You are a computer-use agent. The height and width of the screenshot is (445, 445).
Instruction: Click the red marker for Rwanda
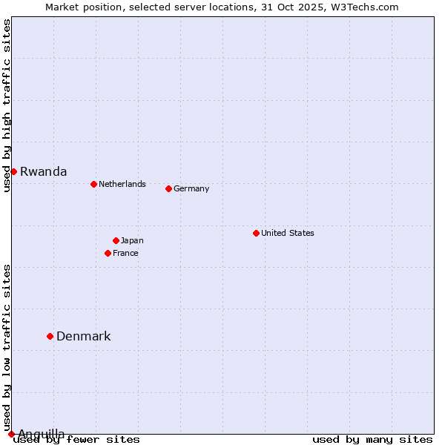click(x=13, y=171)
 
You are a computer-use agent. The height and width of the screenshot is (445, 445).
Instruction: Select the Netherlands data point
click(x=93, y=184)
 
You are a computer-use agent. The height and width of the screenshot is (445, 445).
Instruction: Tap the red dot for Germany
click(x=168, y=188)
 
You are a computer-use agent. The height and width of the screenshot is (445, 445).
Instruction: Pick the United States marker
click(x=256, y=233)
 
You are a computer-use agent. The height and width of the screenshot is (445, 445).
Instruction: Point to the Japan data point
click(x=116, y=240)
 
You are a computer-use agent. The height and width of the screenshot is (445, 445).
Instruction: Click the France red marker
click(x=108, y=253)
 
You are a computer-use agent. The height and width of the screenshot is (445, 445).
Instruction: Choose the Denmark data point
click(x=50, y=336)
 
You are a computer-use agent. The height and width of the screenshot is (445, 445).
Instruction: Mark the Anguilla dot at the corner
click(x=11, y=434)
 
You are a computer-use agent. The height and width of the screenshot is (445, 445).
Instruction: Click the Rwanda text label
click(x=43, y=171)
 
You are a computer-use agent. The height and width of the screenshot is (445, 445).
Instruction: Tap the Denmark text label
click(x=83, y=336)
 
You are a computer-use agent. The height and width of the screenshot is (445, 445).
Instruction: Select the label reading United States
click(x=287, y=233)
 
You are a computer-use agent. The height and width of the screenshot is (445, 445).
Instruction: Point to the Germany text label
click(x=191, y=188)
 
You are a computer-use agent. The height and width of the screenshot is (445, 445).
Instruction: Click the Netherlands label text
click(x=122, y=184)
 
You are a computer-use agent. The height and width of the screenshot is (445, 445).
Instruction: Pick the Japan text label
click(x=132, y=240)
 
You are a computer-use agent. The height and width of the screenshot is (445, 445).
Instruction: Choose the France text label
click(x=125, y=253)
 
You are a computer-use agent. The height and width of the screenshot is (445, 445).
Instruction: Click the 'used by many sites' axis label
click(x=372, y=439)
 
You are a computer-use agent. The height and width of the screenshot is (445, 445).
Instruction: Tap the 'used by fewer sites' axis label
click(x=76, y=439)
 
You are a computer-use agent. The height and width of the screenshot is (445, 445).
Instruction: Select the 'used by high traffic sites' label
click(x=7, y=106)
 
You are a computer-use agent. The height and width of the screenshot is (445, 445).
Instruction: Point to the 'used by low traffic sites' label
click(x=7, y=347)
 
